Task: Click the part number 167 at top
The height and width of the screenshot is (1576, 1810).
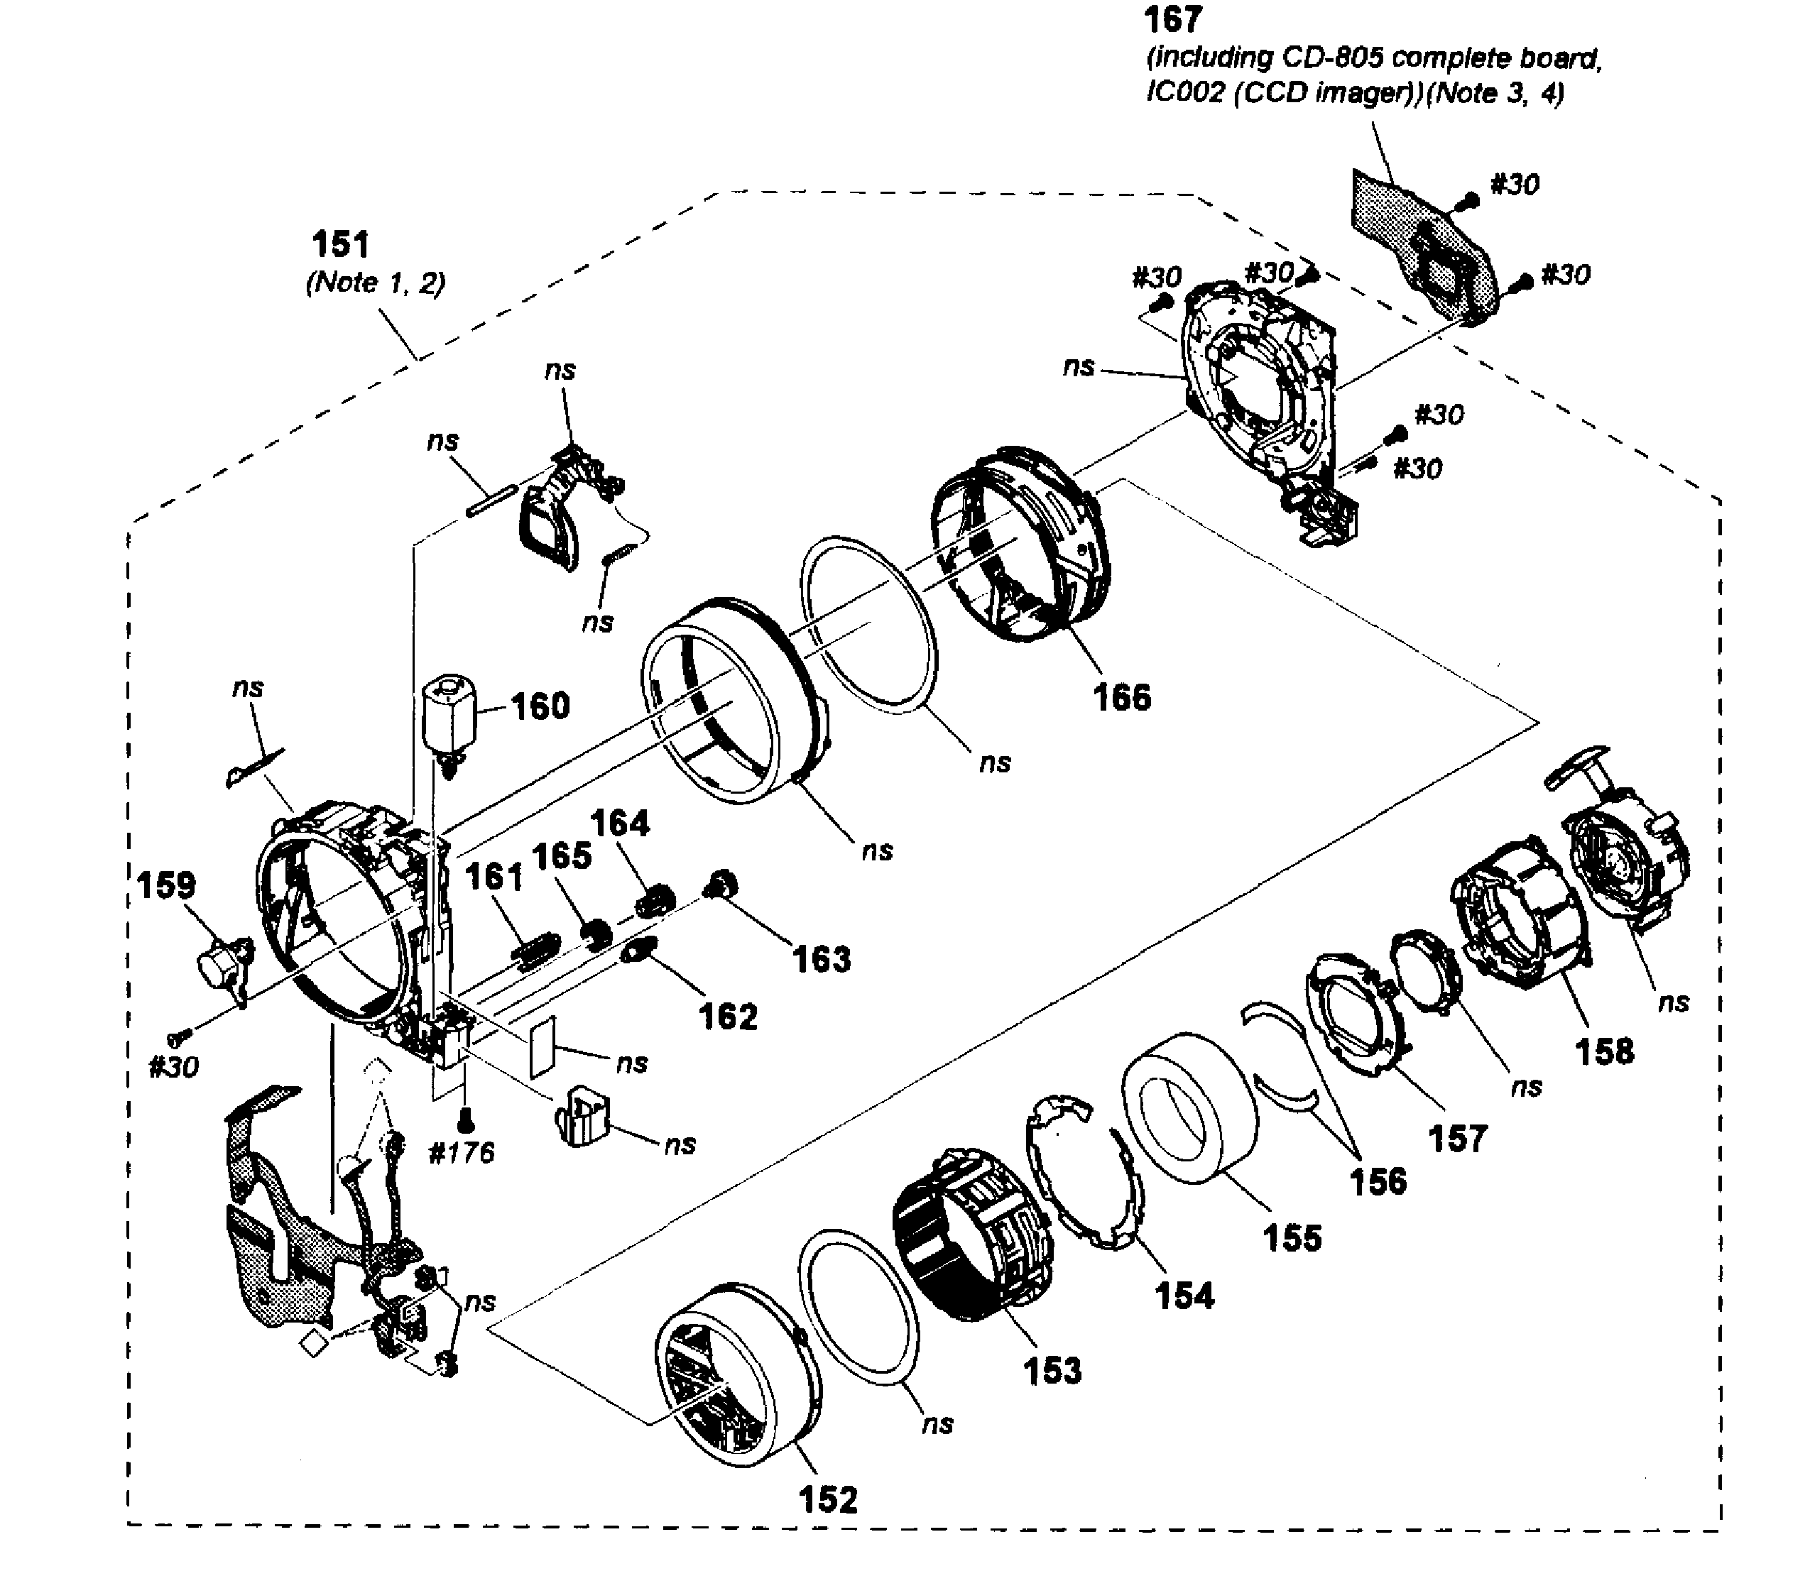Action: [x=1172, y=20]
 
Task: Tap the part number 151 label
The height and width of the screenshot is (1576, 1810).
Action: [x=342, y=244]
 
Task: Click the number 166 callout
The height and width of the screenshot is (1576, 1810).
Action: [x=1121, y=697]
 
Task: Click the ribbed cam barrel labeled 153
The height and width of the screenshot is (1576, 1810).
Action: [x=972, y=1231]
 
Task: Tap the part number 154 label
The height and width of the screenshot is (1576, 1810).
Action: [x=1184, y=1296]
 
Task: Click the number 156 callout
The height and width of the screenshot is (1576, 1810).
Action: [x=1378, y=1181]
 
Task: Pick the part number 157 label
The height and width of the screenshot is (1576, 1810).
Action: [x=1457, y=1138]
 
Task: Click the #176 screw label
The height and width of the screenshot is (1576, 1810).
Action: [x=461, y=1152]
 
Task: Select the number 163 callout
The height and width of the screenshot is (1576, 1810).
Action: [x=822, y=958]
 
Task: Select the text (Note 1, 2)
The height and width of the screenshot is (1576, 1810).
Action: [x=376, y=283]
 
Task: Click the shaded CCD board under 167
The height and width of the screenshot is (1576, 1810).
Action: [x=1416, y=246]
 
